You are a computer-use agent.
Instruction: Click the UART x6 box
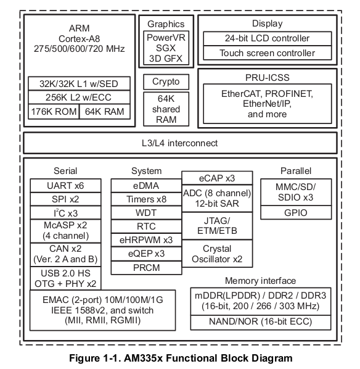[x=65, y=185]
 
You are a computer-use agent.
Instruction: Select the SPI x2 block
[x=65, y=199]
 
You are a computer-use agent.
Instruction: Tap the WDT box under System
[x=146, y=212]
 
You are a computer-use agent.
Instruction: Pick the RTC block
[x=146, y=226]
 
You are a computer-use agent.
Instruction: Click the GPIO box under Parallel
[x=296, y=213]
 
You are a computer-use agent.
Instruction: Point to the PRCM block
[x=146, y=267]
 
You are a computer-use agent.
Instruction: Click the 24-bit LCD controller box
[x=268, y=38]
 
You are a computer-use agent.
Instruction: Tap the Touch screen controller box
[x=268, y=53]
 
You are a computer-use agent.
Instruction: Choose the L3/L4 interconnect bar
[x=180, y=143]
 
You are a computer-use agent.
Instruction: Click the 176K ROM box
[x=54, y=112]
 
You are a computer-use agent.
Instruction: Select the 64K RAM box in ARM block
[x=104, y=112]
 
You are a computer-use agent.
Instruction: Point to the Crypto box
[x=166, y=81]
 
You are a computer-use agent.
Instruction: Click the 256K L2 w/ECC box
[x=79, y=97]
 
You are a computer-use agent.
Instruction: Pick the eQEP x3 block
[x=146, y=253]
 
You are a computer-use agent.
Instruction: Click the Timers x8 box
[x=146, y=199]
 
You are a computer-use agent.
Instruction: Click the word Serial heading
[x=65, y=171]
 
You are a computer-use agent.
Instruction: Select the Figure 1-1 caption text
[x=180, y=357]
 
